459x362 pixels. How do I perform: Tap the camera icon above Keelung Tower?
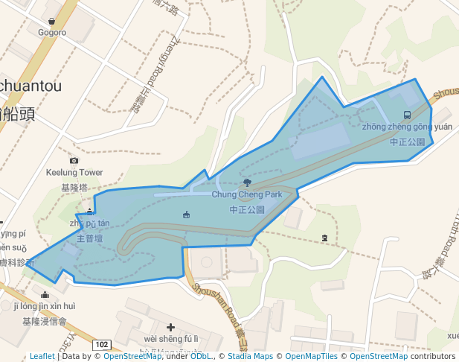(x=74, y=160)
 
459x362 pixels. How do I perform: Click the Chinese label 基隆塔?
(x=74, y=187)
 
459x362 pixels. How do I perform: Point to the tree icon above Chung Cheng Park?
(x=247, y=182)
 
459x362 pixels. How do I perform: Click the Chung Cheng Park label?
(x=247, y=194)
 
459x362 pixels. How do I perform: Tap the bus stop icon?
(x=407, y=115)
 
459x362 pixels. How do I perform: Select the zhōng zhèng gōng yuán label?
(x=407, y=127)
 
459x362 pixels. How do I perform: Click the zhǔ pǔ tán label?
(x=89, y=223)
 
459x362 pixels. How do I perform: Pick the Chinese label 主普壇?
(x=91, y=239)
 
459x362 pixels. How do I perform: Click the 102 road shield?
(x=102, y=346)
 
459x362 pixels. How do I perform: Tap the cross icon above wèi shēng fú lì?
(x=171, y=327)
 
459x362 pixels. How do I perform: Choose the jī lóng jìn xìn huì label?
(x=45, y=306)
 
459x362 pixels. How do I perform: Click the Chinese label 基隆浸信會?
(x=45, y=322)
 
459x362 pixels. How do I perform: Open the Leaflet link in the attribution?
(x=42, y=356)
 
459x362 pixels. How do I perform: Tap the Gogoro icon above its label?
(x=51, y=21)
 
